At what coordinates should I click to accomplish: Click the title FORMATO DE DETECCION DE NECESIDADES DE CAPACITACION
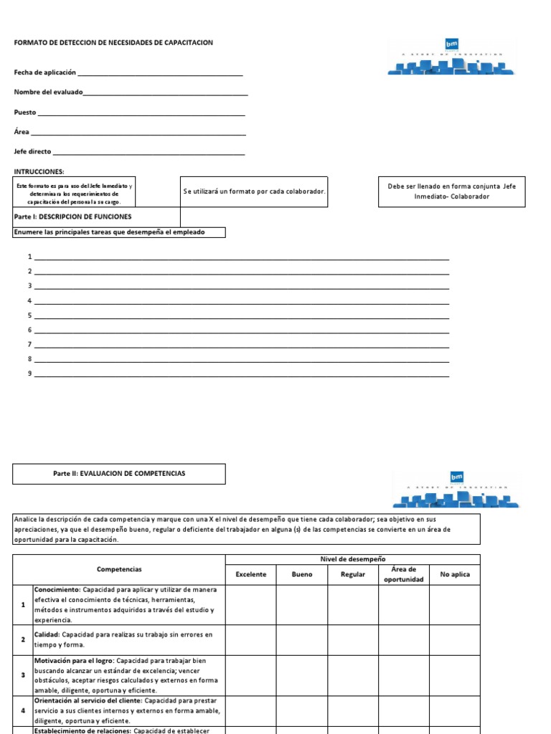coord(113,43)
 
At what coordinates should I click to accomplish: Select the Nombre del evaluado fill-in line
coord(166,93)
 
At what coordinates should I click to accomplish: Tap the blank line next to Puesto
coord(141,113)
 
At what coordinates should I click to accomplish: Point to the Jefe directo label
coord(32,152)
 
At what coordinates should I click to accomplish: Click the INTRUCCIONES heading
coord(39,171)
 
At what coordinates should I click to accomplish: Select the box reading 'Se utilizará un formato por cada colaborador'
coord(254,191)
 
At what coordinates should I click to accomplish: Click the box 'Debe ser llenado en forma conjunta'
coord(451,191)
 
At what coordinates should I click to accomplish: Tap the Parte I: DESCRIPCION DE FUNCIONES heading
coord(72,216)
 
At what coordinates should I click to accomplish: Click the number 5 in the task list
coord(30,315)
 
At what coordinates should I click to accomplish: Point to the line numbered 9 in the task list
coord(242,374)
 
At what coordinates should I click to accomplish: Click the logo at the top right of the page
coord(451,57)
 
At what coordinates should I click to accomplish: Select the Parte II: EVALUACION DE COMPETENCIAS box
coord(119,473)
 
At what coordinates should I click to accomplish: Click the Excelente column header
coord(250,574)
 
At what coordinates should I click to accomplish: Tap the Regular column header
coord(353,574)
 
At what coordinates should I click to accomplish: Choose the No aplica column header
coord(455,574)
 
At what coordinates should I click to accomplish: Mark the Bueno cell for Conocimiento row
coord(302,604)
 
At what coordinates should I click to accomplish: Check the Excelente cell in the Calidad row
coord(250,639)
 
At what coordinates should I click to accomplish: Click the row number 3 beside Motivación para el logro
coord(23,675)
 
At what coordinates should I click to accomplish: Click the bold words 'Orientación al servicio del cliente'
coord(88,700)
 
